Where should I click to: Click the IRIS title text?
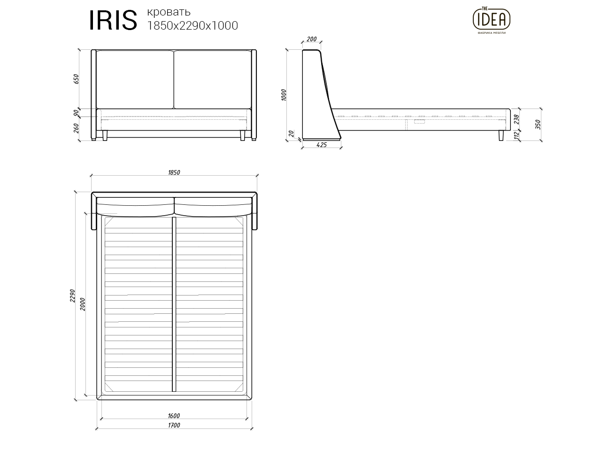[113, 20]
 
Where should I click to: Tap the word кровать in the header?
[169, 11]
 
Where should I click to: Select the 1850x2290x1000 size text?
[193, 25]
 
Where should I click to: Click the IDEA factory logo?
[491, 20]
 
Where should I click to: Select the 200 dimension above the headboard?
[311, 39]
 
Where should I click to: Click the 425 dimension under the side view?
[321, 145]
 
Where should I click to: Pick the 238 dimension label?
[517, 119]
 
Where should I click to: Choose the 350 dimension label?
[538, 124]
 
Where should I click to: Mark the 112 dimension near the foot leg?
[517, 135]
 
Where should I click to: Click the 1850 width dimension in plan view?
[174, 172]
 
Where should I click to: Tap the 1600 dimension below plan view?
[174, 416]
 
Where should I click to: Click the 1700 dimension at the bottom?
[174, 426]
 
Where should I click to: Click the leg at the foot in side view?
[501, 135]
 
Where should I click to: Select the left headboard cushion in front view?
[135, 79]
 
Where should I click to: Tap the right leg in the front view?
[243, 136]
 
